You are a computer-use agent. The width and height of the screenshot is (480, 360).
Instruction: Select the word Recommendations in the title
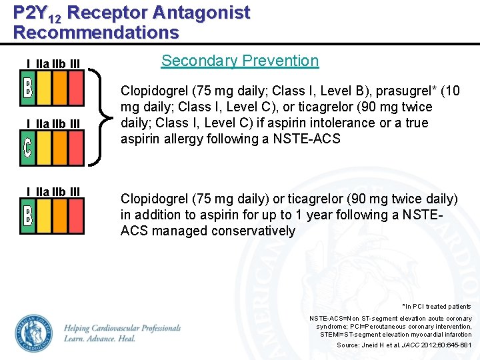pos(96,32)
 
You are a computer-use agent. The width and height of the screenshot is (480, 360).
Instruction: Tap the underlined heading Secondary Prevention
pos(240,61)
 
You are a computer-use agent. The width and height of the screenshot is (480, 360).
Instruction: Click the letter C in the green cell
pos(27,149)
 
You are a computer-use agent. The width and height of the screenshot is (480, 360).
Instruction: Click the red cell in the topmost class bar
pos(76,88)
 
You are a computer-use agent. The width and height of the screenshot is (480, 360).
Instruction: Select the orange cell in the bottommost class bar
pos(59,216)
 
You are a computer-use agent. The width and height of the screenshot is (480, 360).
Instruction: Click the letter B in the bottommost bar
pos(27,216)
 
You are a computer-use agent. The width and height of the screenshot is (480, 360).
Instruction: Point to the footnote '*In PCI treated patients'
pos(437,306)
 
